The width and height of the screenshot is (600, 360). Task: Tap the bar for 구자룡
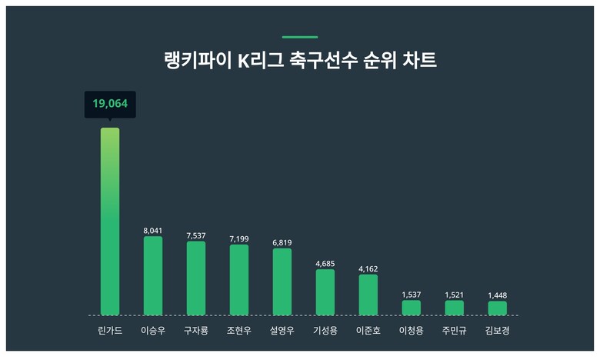[196, 278]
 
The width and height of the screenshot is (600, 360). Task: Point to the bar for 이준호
[368, 295]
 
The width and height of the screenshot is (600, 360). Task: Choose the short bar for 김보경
[498, 308]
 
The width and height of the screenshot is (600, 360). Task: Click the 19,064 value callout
[110, 104]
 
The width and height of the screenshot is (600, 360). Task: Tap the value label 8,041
[153, 230]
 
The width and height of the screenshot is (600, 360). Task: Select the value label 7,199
[239, 238]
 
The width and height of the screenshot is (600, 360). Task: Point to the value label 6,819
[282, 242]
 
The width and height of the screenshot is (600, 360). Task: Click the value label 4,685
[325, 263]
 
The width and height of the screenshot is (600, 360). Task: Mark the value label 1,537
[412, 295]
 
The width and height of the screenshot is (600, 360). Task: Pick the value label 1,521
[455, 295]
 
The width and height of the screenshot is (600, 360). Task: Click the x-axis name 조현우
[239, 332]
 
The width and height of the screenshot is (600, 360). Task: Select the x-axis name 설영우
[282, 332]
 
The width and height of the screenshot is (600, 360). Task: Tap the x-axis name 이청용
[412, 332]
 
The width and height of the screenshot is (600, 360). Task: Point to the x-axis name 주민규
[455, 332]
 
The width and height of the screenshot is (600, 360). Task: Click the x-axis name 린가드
[110, 332]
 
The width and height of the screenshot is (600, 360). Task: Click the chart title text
[300, 61]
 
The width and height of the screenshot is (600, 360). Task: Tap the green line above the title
[300, 36]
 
